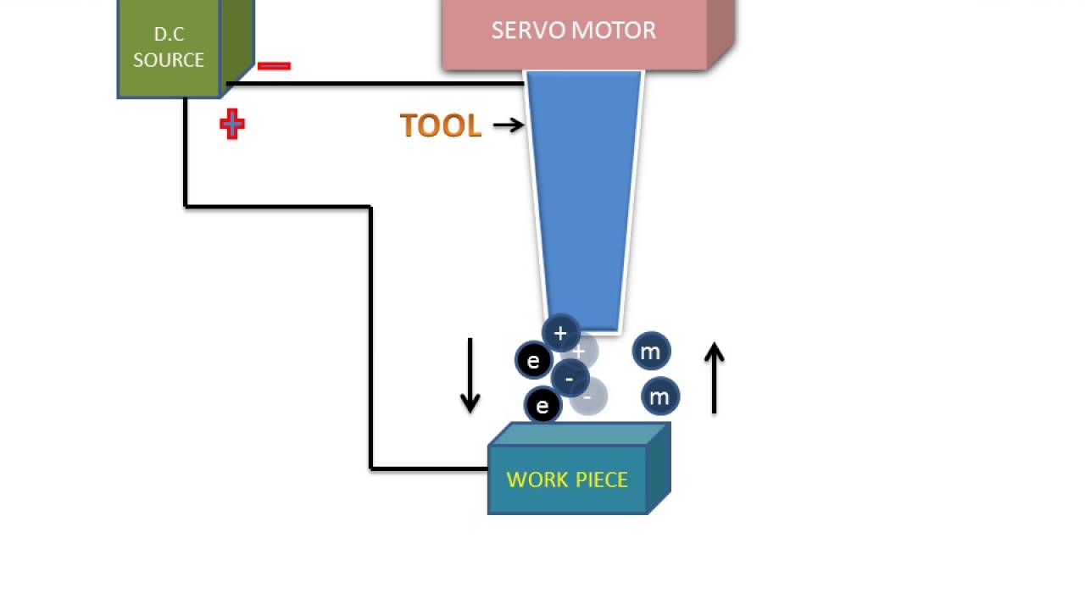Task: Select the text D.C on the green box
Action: point(169,35)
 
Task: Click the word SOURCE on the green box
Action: point(169,60)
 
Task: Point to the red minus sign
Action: point(274,65)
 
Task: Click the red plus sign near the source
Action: point(232,125)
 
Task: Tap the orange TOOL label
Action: point(440,125)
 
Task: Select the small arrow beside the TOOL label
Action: point(508,125)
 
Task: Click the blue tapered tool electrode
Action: point(584,195)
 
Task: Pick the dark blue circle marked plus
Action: point(560,334)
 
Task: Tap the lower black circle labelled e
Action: point(542,406)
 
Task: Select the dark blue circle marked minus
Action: point(569,379)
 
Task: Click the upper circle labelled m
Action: point(651,352)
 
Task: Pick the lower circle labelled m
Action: point(659,396)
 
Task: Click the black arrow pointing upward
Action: point(714,378)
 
